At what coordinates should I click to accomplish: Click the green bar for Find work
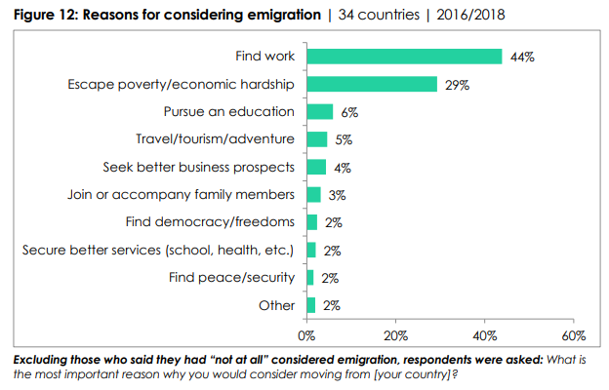pos(404,57)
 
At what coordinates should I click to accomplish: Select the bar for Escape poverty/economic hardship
pos(372,85)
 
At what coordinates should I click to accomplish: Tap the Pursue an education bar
pos(320,112)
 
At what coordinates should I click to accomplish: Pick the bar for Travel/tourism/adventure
pos(317,139)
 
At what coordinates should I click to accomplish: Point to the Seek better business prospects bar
pos(316,167)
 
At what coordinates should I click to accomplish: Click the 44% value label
pos(522,58)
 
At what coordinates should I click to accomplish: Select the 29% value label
pos(457,85)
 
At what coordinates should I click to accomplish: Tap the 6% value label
pos(349,112)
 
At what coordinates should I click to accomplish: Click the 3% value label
pos(338,195)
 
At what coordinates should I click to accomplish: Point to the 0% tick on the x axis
pos(306,336)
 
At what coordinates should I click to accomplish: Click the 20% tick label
pos(395,336)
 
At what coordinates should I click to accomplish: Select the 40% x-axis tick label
pos(485,336)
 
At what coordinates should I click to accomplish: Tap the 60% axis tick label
pos(574,336)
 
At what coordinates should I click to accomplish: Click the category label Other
pos(276,305)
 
